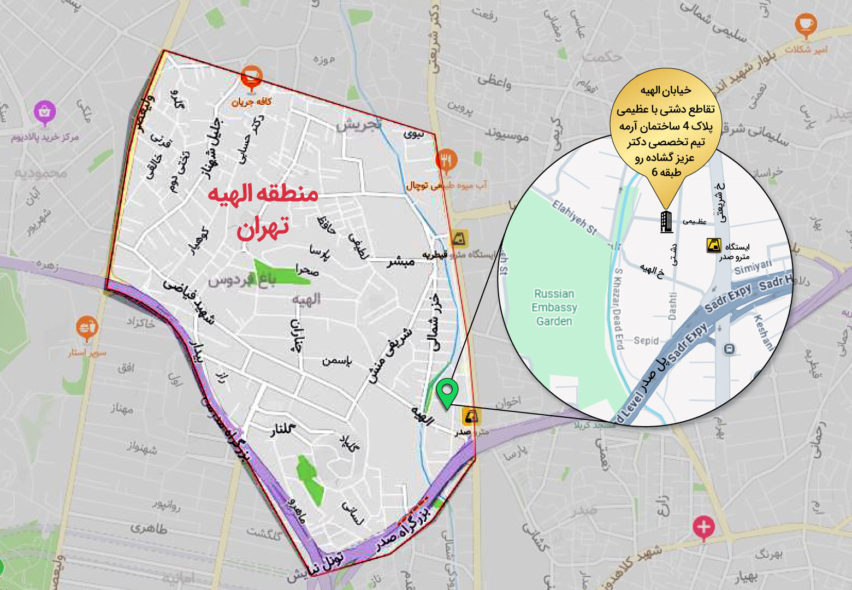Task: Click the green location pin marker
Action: (x=447, y=392)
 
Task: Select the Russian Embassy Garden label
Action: (x=554, y=307)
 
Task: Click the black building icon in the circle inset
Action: (x=666, y=221)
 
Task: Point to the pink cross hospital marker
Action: (x=703, y=528)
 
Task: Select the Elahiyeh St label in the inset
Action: (x=574, y=217)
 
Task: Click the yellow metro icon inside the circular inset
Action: (x=713, y=245)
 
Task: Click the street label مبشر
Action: (x=401, y=262)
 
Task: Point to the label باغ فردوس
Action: (x=242, y=280)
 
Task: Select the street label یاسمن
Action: (x=336, y=361)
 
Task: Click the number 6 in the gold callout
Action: (x=654, y=172)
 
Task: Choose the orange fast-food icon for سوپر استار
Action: (x=86, y=328)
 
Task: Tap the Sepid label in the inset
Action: (x=646, y=340)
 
